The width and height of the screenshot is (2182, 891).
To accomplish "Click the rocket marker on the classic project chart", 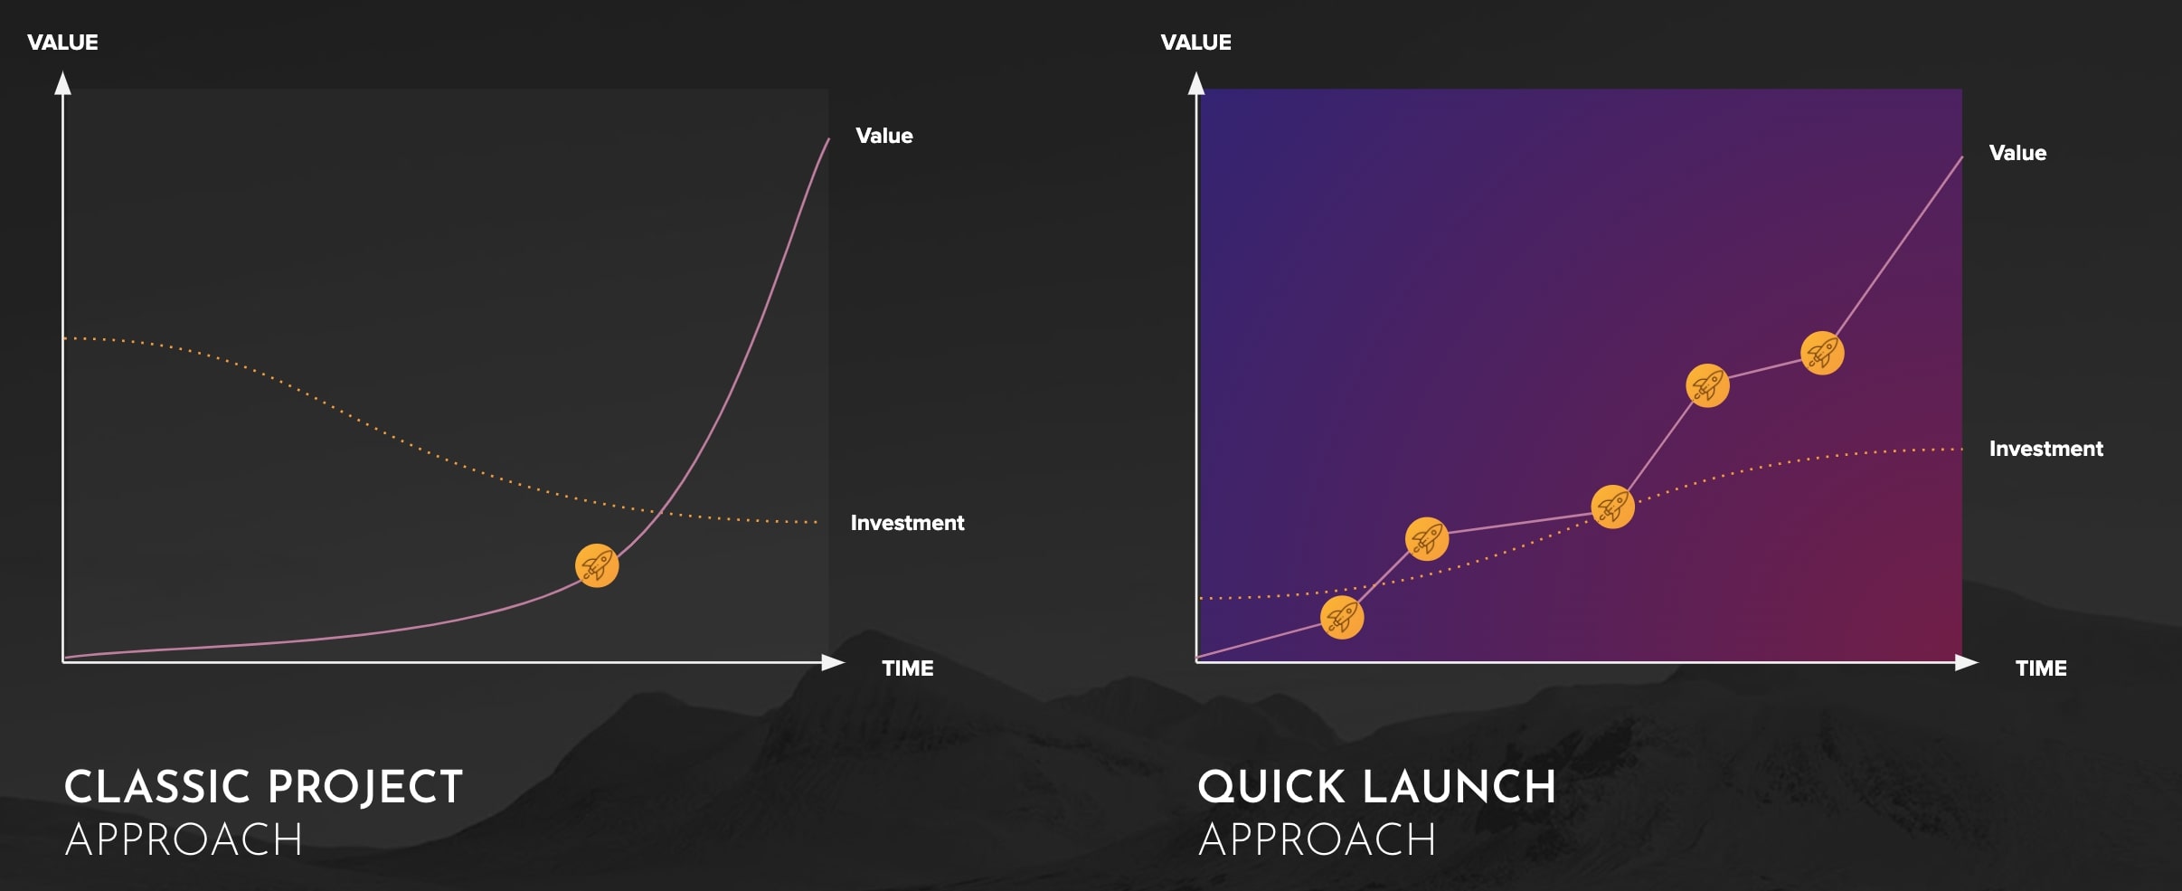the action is pyautogui.click(x=597, y=565).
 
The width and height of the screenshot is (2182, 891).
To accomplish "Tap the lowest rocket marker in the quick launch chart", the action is pyautogui.click(x=1342, y=617).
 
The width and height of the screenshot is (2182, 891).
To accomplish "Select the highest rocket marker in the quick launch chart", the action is pyautogui.click(x=1822, y=353).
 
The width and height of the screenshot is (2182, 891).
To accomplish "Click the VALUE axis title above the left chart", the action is pyautogui.click(x=62, y=43).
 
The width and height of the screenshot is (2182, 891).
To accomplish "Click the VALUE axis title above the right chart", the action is pyautogui.click(x=1195, y=43).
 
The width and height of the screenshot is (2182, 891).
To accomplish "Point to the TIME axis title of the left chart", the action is pyautogui.click(x=908, y=668).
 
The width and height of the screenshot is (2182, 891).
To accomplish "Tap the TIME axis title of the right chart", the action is pyautogui.click(x=2041, y=668).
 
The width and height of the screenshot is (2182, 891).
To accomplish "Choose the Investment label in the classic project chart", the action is pyautogui.click(x=907, y=523).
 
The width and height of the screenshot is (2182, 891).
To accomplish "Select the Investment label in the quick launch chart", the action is pyautogui.click(x=2046, y=449).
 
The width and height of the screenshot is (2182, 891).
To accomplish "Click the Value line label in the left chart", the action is pyautogui.click(x=884, y=136).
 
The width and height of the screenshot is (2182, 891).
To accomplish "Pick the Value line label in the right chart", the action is pyautogui.click(x=2017, y=153).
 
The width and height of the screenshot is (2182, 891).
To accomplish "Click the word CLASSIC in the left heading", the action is pyautogui.click(x=156, y=787).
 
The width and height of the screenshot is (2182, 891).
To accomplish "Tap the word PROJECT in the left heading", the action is pyautogui.click(x=365, y=787).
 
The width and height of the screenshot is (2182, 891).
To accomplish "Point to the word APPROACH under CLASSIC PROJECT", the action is pyautogui.click(x=184, y=839).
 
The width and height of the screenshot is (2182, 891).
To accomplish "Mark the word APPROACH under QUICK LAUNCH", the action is pyautogui.click(x=1317, y=839).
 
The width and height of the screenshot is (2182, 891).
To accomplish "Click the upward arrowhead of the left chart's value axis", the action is pyautogui.click(x=62, y=83).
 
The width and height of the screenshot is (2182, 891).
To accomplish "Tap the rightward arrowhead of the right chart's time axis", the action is pyautogui.click(x=1966, y=663).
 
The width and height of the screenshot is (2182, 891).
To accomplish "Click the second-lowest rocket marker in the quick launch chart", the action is pyautogui.click(x=1427, y=539).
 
